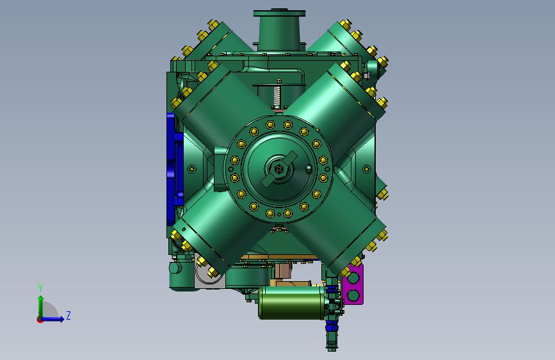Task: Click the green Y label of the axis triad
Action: pyautogui.click(x=40, y=288)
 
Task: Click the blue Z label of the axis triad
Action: pyautogui.click(x=68, y=315)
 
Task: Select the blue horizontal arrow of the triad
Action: pyautogui.click(x=52, y=319)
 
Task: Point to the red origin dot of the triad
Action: pyautogui.click(x=39, y=320)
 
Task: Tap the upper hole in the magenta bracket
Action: pyautogui.click(x=353, y=277)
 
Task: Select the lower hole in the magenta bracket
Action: pyautogui.click(x=353, y=295)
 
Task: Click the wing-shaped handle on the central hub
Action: pyautogui.click(x=279, y=168)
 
